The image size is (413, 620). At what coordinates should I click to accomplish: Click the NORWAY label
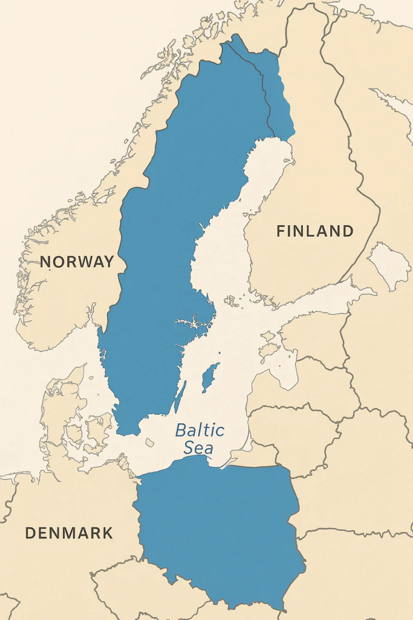pos(77,262)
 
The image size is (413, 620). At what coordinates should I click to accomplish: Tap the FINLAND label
pos(314,231)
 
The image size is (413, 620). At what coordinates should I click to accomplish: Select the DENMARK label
pos(69,533)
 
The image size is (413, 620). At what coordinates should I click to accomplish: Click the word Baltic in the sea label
pos(200,431)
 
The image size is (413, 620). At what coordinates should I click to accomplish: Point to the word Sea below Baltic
pos(199,449)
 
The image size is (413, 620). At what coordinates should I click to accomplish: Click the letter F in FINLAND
pos(281,231)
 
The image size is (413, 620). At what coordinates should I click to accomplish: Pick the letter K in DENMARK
pos(106,533)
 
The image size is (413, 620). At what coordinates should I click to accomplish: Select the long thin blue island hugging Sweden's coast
pos(180,397)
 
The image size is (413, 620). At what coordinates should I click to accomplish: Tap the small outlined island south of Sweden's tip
pos(149,443)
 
